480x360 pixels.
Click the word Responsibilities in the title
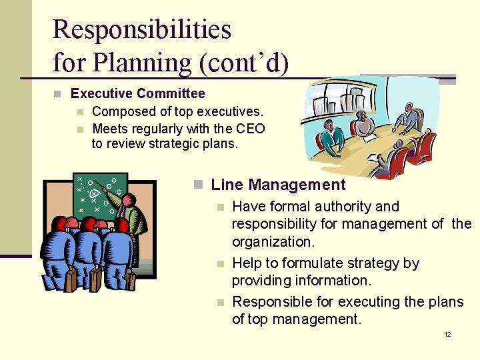141,31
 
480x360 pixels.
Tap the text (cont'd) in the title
243,63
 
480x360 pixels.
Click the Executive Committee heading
137,94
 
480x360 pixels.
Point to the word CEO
251,129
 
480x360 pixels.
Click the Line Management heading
278,185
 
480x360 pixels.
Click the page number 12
447,334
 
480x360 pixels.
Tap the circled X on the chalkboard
95,193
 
